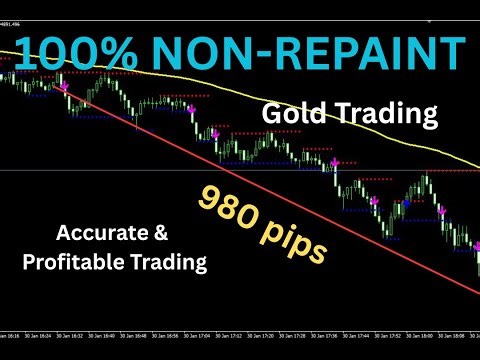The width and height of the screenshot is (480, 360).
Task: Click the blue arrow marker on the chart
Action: (405, 205)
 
